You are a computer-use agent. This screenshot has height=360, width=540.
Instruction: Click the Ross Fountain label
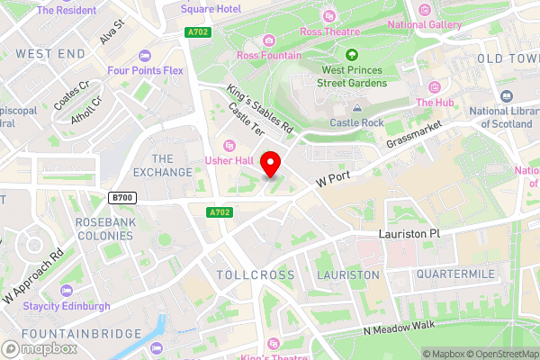tap(270, 55)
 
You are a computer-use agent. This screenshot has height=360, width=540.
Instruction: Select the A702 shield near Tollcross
tap(219, 212)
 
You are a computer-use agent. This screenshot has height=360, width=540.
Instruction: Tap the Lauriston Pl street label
tap(409, 233)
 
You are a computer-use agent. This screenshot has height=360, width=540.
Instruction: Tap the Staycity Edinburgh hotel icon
tap(66, 291)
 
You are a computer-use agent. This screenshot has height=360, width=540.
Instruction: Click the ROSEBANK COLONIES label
tap(103, 229)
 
